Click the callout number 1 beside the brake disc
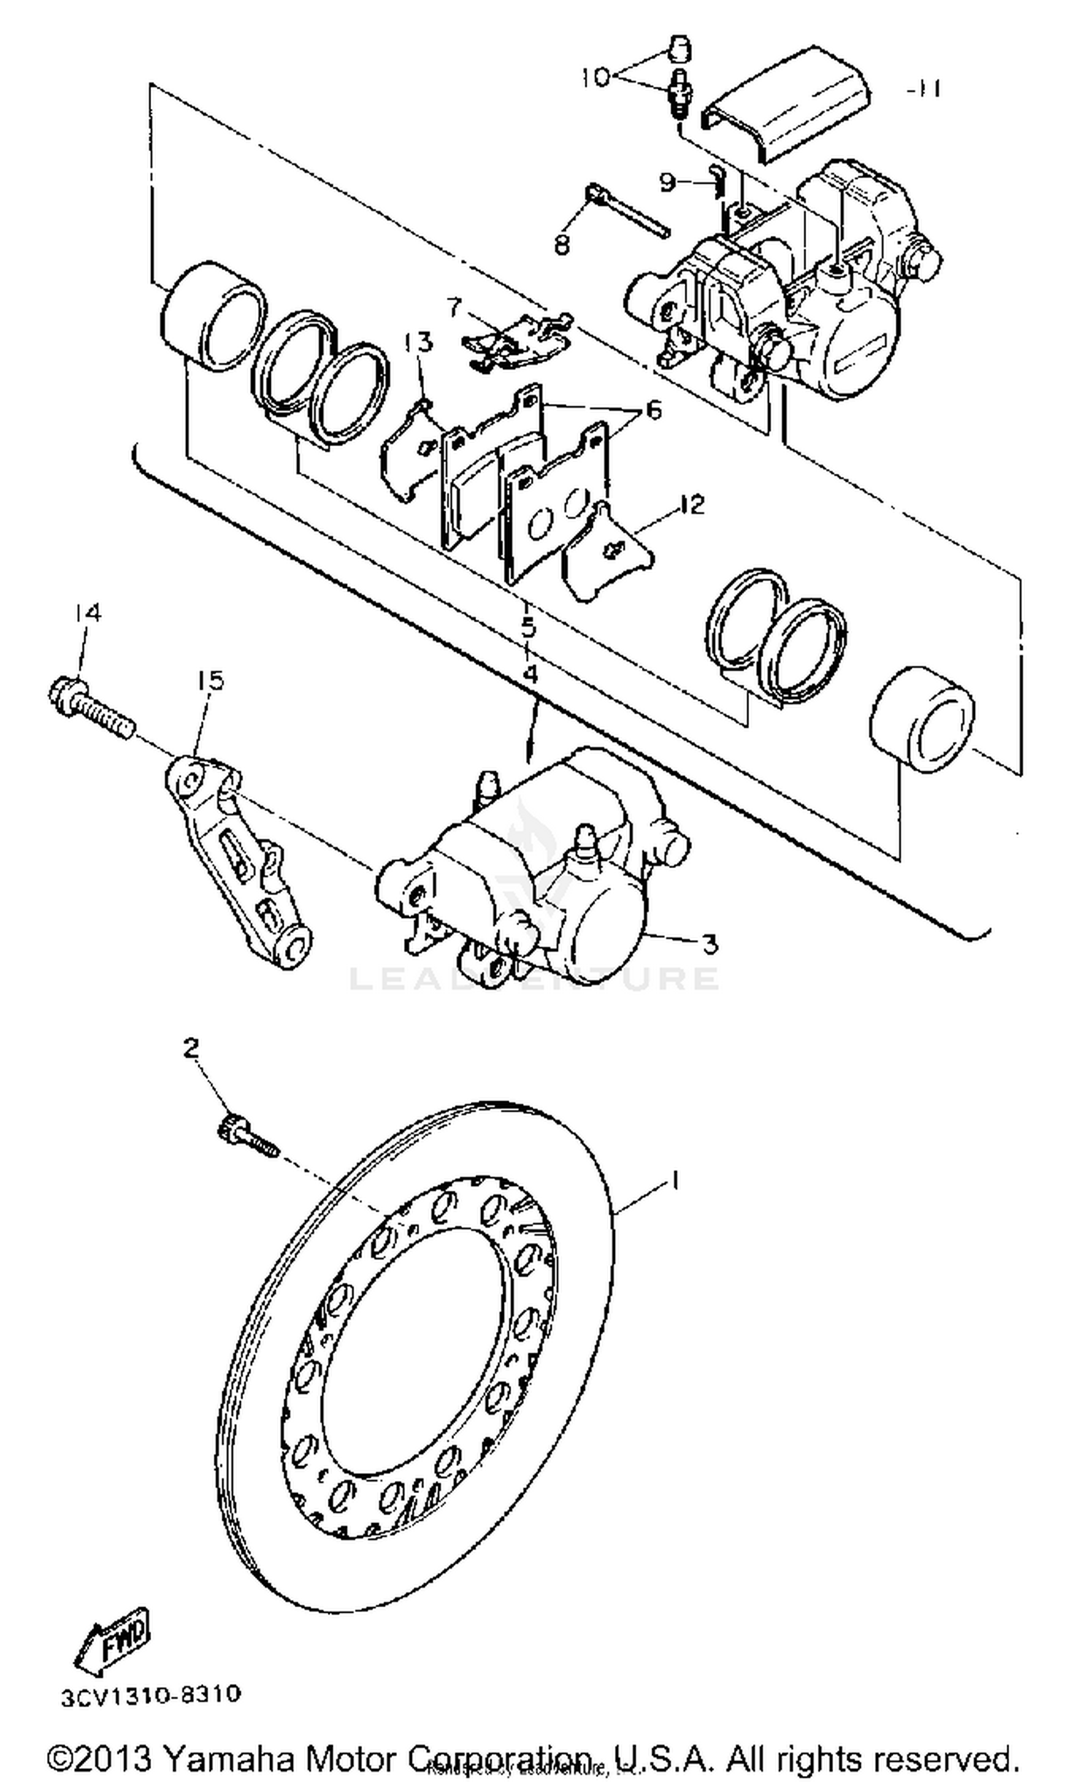pos(675,1179)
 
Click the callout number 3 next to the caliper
pos(710,943)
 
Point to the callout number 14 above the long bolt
pos(87,613)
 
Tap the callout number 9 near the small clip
pos(668,182)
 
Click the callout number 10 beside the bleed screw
pos(595,77)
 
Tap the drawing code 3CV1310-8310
pos(150,1695)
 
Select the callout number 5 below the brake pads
pos(530,626)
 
